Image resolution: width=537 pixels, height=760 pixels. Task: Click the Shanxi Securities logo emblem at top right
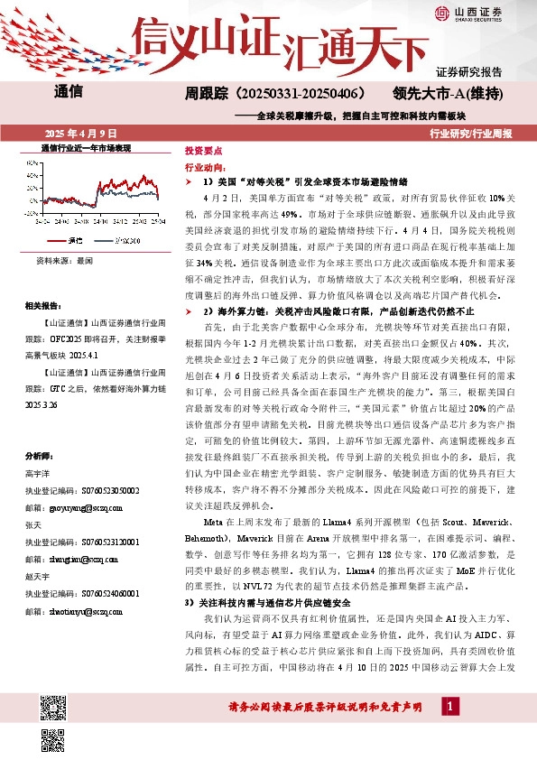click(x=442, y=12)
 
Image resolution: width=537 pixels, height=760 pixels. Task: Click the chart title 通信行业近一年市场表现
click(x=87, y=147)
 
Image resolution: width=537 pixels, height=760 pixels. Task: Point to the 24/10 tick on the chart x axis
click(x=100, y=220)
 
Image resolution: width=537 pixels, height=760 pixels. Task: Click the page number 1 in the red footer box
click(x=446, y=729)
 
